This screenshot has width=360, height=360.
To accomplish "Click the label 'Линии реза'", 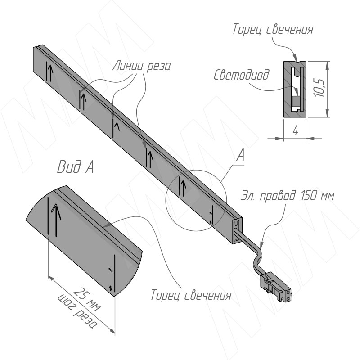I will [x=142, y=66].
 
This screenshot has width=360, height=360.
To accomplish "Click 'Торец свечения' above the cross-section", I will [x=273, y=30].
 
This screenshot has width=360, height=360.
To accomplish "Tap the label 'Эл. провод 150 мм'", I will [x=288, y=196].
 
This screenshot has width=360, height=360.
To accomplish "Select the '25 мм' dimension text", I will [x=88, y=299].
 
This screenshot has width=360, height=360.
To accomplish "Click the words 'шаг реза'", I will [x=76, y=311].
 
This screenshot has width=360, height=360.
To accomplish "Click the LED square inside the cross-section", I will [x=296, y=102].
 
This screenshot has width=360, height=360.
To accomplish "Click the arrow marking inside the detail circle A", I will [x=183, y=186].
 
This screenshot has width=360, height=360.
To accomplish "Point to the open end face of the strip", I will [x=237, y=232].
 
